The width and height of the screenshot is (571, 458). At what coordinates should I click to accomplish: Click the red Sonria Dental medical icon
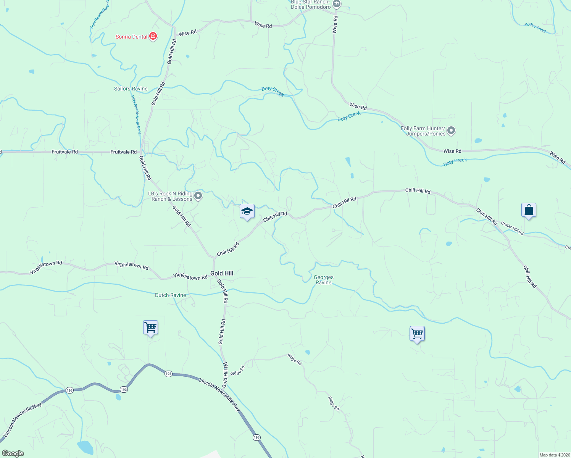(x=153, y=37)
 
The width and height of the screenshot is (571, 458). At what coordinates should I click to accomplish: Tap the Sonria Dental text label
(x=131, y=37)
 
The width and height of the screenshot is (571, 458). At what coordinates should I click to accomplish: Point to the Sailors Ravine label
(x=131, y=89)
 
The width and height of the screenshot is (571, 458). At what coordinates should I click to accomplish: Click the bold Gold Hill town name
(x=222, y=273)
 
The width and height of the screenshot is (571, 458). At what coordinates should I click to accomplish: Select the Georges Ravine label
(x=324, y=280)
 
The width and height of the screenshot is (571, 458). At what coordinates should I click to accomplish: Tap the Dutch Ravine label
(x=170, y=295)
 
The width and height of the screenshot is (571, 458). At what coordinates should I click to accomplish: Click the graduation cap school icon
(x=247, y=211)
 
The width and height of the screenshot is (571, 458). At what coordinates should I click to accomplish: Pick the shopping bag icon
(x=529, y=210)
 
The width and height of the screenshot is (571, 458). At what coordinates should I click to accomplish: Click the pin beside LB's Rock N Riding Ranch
(x=198, y=196)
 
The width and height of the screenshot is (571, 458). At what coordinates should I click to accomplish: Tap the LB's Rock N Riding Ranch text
(x=170, y=196)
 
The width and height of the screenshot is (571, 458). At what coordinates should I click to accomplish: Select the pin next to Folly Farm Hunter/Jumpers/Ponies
(x=451, y=131)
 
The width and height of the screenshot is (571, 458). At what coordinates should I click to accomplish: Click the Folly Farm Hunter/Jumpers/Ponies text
(x=423, y=131)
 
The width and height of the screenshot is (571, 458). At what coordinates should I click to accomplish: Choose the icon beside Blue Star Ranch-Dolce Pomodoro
(x=336, y=4)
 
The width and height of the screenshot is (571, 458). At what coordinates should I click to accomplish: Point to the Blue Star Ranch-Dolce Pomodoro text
(x=310, y=4)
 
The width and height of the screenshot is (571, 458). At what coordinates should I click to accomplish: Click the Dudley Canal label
(x=536, y=27)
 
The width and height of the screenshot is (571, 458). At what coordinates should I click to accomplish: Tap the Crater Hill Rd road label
(x=512, y=228)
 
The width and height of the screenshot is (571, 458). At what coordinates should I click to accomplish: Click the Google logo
(x=13, y=453)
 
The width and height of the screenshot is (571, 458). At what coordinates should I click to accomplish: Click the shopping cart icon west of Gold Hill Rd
(x=150, y=327)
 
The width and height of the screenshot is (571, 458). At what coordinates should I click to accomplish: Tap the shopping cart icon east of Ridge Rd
(x=417, y=334)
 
